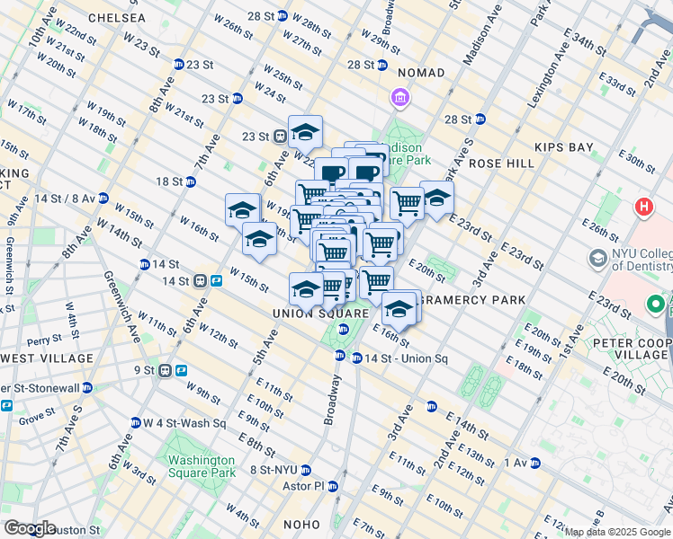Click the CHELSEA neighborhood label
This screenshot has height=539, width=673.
[x=115, y=18]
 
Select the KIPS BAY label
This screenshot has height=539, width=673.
[x=561, y=146]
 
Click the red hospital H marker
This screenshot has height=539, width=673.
[x=644, y=208]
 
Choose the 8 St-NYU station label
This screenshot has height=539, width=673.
[x=273, y=470]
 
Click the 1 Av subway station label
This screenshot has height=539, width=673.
[x=515, y=463]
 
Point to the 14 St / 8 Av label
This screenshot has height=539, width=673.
[x=63, y=198]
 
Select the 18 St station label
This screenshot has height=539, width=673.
[x=168, y=181]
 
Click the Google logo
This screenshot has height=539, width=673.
[x=30, y=528]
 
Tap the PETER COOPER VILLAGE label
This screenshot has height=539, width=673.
[x=630, y=349]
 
